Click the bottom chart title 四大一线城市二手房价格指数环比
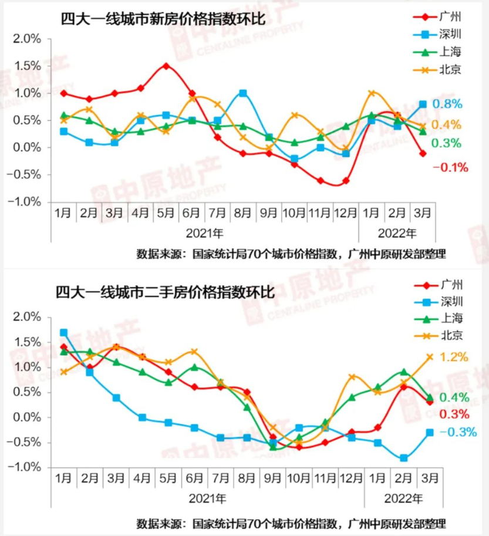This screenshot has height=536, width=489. click(x=165, y=292)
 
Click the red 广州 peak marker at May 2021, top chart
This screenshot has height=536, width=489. click(x=166, y=66)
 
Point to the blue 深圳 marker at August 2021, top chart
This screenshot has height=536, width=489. click(x=242, y=93)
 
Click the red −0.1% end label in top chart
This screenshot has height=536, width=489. click(x=450, y=168)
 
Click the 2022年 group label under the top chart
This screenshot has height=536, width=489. click(x=397, y=233)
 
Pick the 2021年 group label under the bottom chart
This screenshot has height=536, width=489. click(x=207, y=500)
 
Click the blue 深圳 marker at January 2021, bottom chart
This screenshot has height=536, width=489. click(x=63, y=333)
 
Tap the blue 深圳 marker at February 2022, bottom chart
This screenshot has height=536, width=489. click(x=404, y=458)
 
